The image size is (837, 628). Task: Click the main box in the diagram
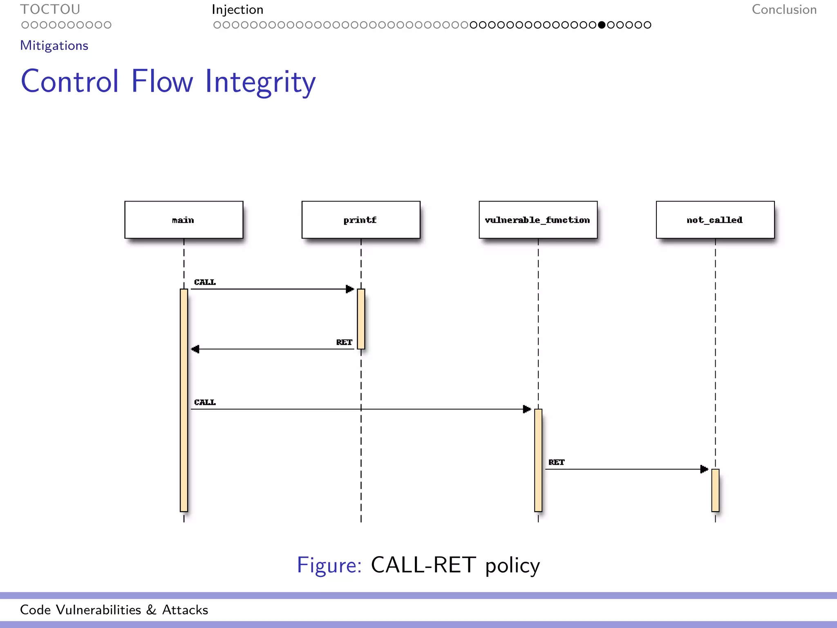[x=184, y=220]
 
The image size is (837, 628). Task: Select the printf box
[x=360, y=220]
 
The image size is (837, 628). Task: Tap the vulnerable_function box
[x=538, y=220]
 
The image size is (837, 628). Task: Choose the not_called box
[x=715, y=220]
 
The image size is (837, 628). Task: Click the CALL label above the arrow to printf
[x=205, y=282]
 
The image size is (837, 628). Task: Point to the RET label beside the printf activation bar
[x=344, y=342]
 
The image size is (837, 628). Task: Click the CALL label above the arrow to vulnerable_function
[x=205, y=402]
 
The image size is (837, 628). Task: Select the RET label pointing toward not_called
[x=556, y=462]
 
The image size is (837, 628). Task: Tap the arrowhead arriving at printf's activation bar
[x=350, y=289]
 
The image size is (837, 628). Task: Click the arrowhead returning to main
[x=195, y=349]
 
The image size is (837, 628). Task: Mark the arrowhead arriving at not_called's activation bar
[x=704, y=469]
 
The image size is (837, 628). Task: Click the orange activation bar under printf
[x=361, y=319]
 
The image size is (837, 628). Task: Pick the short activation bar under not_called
[x=715, y=490]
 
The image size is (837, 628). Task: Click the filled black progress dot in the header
[x=602, y=25]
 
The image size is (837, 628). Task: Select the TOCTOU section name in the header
[x=50, y=9]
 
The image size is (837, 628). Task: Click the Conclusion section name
[x=784, y=9]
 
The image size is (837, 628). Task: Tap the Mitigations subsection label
[x=54, y=45]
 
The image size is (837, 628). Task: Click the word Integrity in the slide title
[x=260, y=82]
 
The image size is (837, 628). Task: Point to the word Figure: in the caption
[x=329, y=565]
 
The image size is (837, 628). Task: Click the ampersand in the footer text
[x=151, y=610]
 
